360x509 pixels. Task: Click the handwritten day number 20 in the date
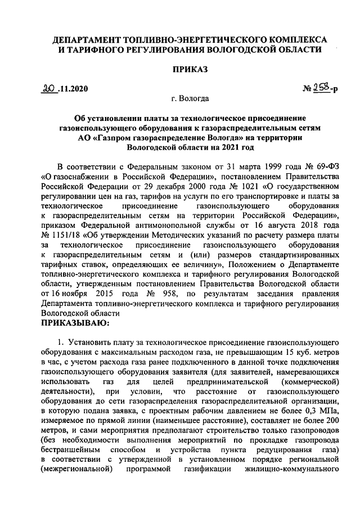click(51, 87)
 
